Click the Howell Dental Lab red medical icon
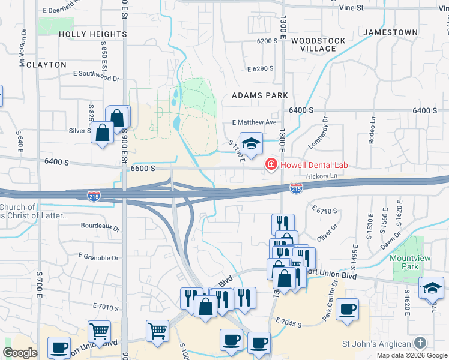click(x=271, y=164)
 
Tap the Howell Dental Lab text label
click(x=312, y=165)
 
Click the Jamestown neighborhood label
click(x=390, y=32)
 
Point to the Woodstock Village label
click(x=318, y=44)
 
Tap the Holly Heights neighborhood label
click(x=93, y=34)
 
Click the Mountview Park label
click(x=408, y=262)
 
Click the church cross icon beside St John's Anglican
click(x=420, y=343)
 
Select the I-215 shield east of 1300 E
click(x=295, y=188)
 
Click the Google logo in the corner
click(x=20, y=353)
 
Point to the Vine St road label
click(x=351, y=8)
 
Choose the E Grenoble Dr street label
click(x=98, y=256)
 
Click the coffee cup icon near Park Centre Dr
click(x=348, y=310)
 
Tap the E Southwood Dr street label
click(x=96, y=76)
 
